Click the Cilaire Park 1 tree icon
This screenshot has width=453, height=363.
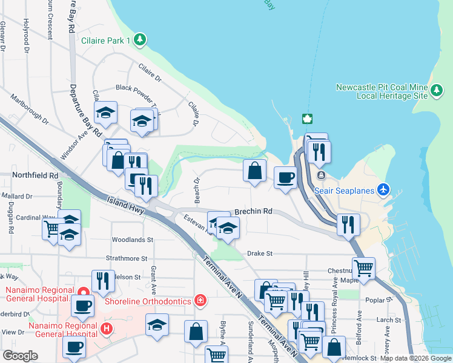click(x=141, y=41)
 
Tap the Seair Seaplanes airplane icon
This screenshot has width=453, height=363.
click(x=382, y=190)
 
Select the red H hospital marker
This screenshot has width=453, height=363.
click(x=107, y=329)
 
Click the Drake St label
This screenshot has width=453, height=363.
click(x=260, y=253)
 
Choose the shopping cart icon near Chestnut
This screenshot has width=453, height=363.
click(x=363, y=267)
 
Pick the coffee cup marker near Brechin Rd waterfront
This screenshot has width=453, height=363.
click(x=285, y=177)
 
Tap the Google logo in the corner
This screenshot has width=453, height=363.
click(x=20, y=356)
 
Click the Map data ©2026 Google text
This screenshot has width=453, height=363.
click(x=415, y=358)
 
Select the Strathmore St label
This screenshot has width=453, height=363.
click(x=127, y=258)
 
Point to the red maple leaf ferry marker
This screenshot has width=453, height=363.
click(x=307, y=117)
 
